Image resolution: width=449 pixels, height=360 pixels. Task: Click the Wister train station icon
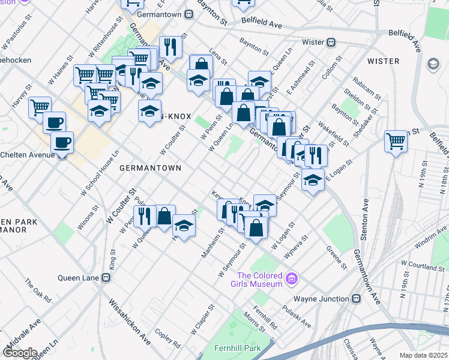pyautogui.click(x=330, y=43)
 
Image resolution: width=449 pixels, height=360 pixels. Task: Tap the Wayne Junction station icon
pyautogui.click(x=356, y=299)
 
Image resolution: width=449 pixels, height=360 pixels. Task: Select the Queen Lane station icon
pyautogui.click(x=106, y=278)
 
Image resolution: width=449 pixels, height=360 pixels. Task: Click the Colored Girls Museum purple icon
pyautogui.click(x=292, y=278)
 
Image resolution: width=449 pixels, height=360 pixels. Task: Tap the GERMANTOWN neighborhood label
pyautogui.click(x=150, y=169)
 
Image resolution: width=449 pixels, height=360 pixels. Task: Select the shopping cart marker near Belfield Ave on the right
pyautogui.click(x=396, y=142)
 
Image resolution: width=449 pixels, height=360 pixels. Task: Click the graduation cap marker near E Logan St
pyautogui.click(x=313, y=179)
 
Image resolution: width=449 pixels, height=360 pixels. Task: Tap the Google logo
pyautogui.click(x=20, y=353)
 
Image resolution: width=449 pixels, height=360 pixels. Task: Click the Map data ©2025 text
pyautogui.click(x=423, y=355)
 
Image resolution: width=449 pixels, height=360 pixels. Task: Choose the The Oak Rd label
pyautogui.click(x=38, y=290)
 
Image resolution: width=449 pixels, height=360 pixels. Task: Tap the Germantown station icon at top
pyautogui.click(x=188, y=14)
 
